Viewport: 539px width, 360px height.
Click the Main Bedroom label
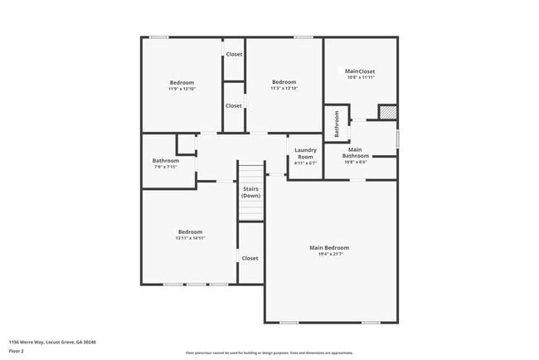point(329,247)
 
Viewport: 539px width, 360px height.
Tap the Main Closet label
point(361,71)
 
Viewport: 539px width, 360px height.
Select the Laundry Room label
point(305,153)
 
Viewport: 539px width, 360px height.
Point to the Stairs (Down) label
point(250,192)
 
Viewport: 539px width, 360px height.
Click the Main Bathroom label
point(356,153)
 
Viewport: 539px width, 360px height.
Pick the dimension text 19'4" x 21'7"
point(329,254)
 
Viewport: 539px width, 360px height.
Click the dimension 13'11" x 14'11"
point(190,238)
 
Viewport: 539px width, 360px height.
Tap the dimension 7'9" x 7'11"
point(166,167)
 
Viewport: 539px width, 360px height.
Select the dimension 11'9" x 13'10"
point(182,89)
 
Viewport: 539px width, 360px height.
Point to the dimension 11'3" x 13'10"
point(284,89)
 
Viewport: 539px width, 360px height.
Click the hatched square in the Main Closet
point(387,112)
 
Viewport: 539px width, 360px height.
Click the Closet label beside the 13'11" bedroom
point(250,258)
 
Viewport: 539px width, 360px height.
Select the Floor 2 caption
point(17,351)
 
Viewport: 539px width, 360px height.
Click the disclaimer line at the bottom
point(269,353)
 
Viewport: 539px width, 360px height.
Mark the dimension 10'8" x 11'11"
point(361,78)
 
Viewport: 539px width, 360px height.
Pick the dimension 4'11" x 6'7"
point(305,163)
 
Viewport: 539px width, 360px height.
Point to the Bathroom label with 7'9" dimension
point(166,160)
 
